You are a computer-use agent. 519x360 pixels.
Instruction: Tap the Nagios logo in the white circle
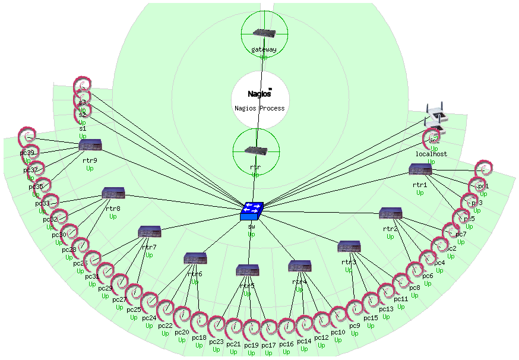click(259, 93)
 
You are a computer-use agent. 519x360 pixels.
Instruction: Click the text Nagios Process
click(259, 108)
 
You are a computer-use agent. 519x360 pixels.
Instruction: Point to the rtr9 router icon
click(91, 145)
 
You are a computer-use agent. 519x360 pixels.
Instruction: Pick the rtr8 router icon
click(113, 194)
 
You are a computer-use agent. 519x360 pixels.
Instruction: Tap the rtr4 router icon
click(299, 266)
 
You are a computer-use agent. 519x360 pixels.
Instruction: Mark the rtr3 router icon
click(349, 247)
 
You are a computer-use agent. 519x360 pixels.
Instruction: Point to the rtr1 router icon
click(420, 169)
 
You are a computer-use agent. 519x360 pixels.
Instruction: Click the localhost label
click(431, 154)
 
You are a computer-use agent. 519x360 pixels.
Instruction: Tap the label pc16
click(287, 344)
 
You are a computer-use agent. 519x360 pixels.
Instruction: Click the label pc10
click(338, 332)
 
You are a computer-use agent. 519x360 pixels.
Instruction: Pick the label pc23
click(216, 342)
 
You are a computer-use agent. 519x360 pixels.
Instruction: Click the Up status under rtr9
click(90, 168)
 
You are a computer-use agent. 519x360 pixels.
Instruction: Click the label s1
click(83, 128)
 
